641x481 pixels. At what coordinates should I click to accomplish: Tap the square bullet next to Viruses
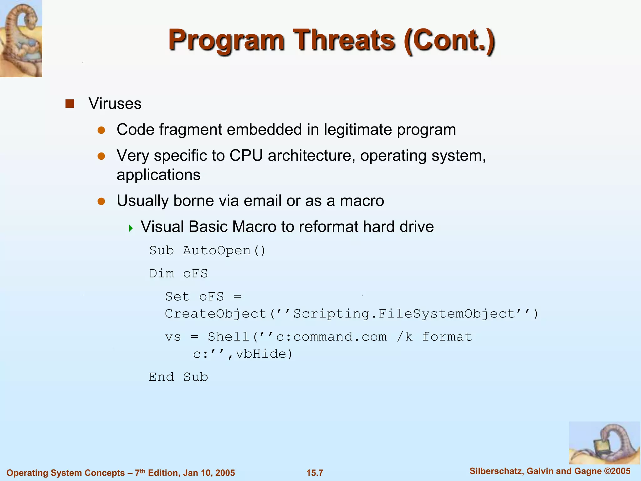point(69,104)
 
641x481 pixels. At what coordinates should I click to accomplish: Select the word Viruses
point(115,104)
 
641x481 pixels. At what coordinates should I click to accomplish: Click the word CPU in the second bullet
point(246,156)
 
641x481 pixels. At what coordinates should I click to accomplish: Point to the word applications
point(158,175)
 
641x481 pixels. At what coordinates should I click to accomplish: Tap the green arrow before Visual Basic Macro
point(131,228)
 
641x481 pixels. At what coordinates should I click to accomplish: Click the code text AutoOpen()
point(224,251)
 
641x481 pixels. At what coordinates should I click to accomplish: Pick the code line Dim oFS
point(178,274)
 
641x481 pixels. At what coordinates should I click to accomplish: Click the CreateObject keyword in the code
point(216,314)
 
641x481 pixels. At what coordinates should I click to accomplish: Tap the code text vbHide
point(261,354)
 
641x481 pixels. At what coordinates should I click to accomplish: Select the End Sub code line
point(178,377)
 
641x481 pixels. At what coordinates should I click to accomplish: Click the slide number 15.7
point(315,473)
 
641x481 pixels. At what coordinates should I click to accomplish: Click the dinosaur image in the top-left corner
point(21,38)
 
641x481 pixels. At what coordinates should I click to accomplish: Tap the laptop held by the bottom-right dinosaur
point(601,448)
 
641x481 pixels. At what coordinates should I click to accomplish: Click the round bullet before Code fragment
point(101,130)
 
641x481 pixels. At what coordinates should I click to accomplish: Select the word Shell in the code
point(228,337)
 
